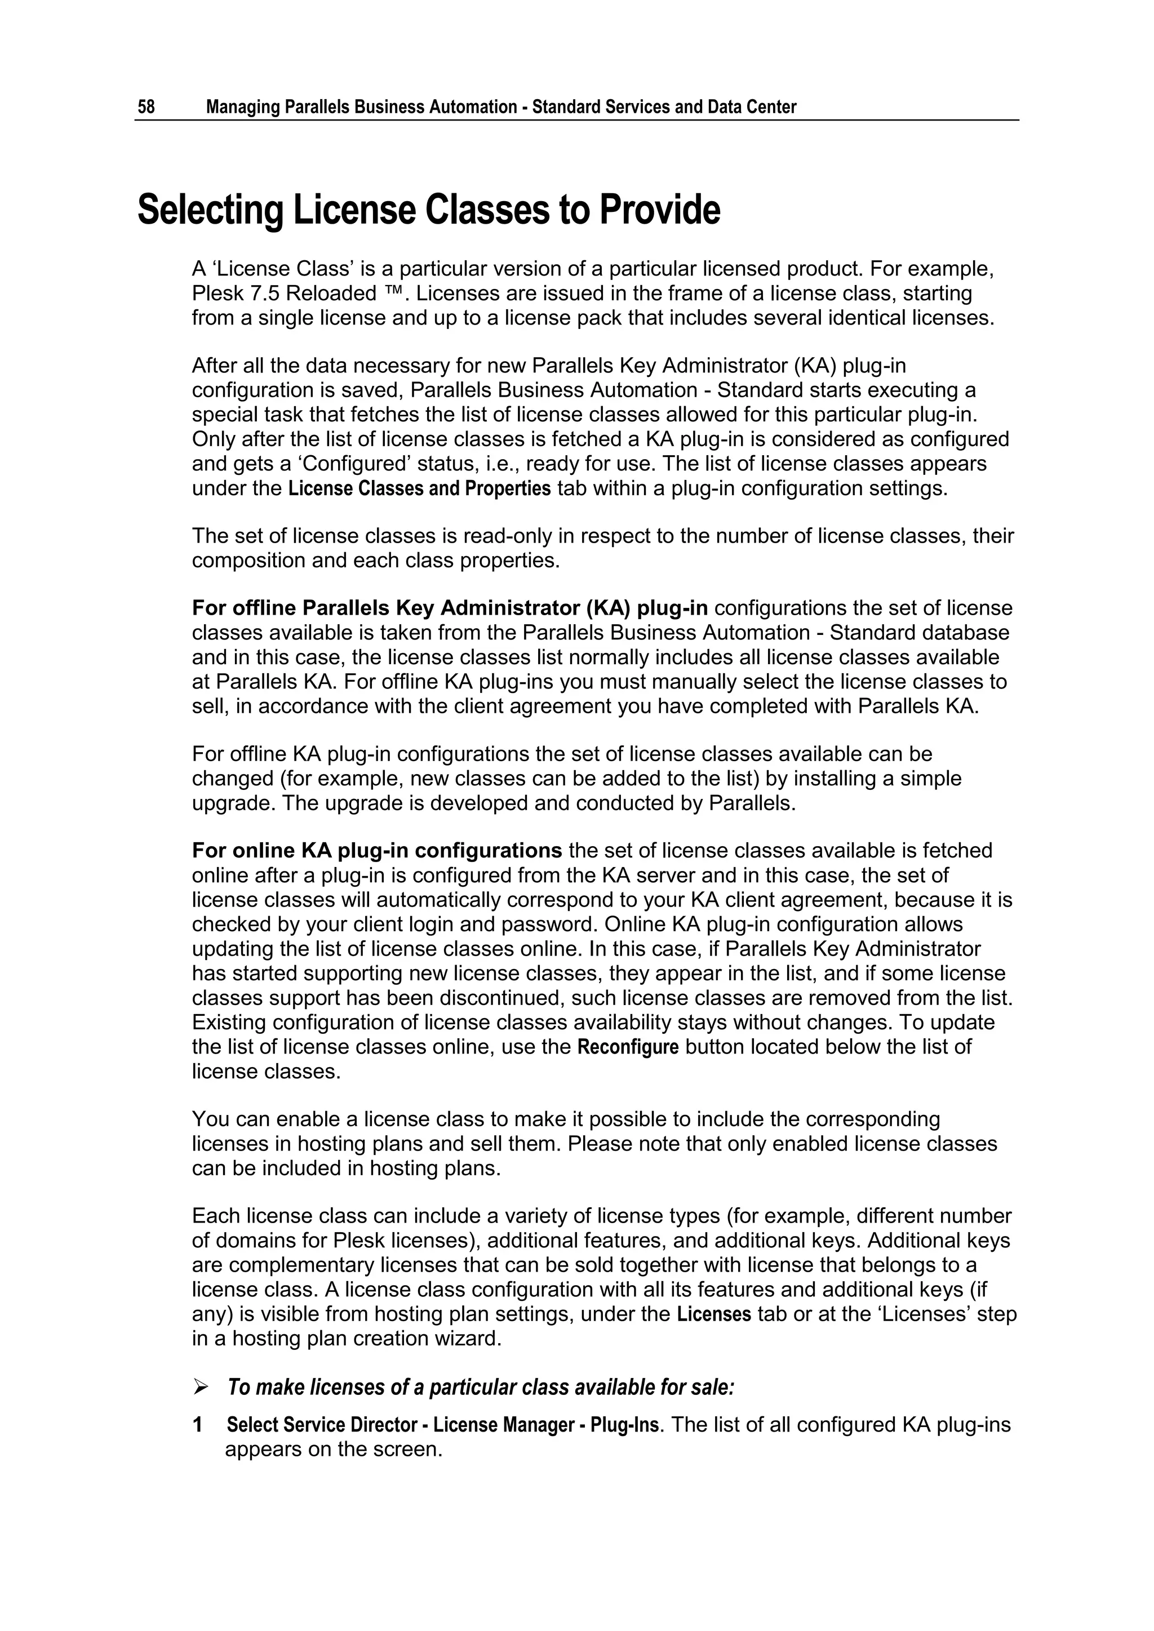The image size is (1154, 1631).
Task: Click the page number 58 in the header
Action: pos(146,107)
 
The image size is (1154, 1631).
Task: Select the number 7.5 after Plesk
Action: pos(265,294)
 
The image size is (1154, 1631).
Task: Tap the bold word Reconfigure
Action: pos(628,1048)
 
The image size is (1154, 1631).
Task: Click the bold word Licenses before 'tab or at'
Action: pos(713,1314)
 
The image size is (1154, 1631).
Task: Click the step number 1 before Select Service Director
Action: pos(198,1424)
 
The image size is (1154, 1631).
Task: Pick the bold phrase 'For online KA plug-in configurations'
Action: pos(376,851)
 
